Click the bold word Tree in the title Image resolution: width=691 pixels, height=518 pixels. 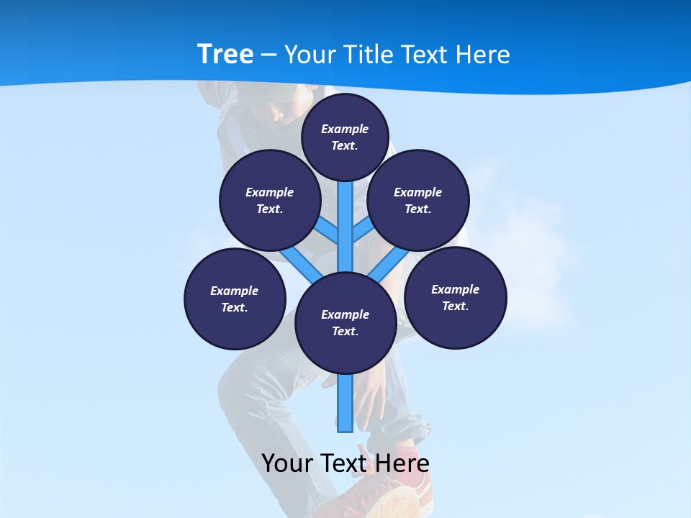point(225,55)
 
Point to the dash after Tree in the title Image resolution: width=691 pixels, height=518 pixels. point(268,55)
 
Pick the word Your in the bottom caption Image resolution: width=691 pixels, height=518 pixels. point(287,463)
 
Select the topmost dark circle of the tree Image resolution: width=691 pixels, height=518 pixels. point(345,137)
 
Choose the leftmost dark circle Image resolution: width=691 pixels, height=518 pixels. point(235,299)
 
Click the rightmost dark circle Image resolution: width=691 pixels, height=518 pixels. point(455,297)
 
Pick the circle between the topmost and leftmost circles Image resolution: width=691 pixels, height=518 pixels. point(269,200)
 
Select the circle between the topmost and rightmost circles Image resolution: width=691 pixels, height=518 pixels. point(417,200)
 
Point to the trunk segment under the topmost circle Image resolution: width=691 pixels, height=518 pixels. point(345,223)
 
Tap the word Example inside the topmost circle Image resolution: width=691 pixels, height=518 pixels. point(345,129)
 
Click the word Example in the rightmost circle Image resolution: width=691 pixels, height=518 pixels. point(455,289)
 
